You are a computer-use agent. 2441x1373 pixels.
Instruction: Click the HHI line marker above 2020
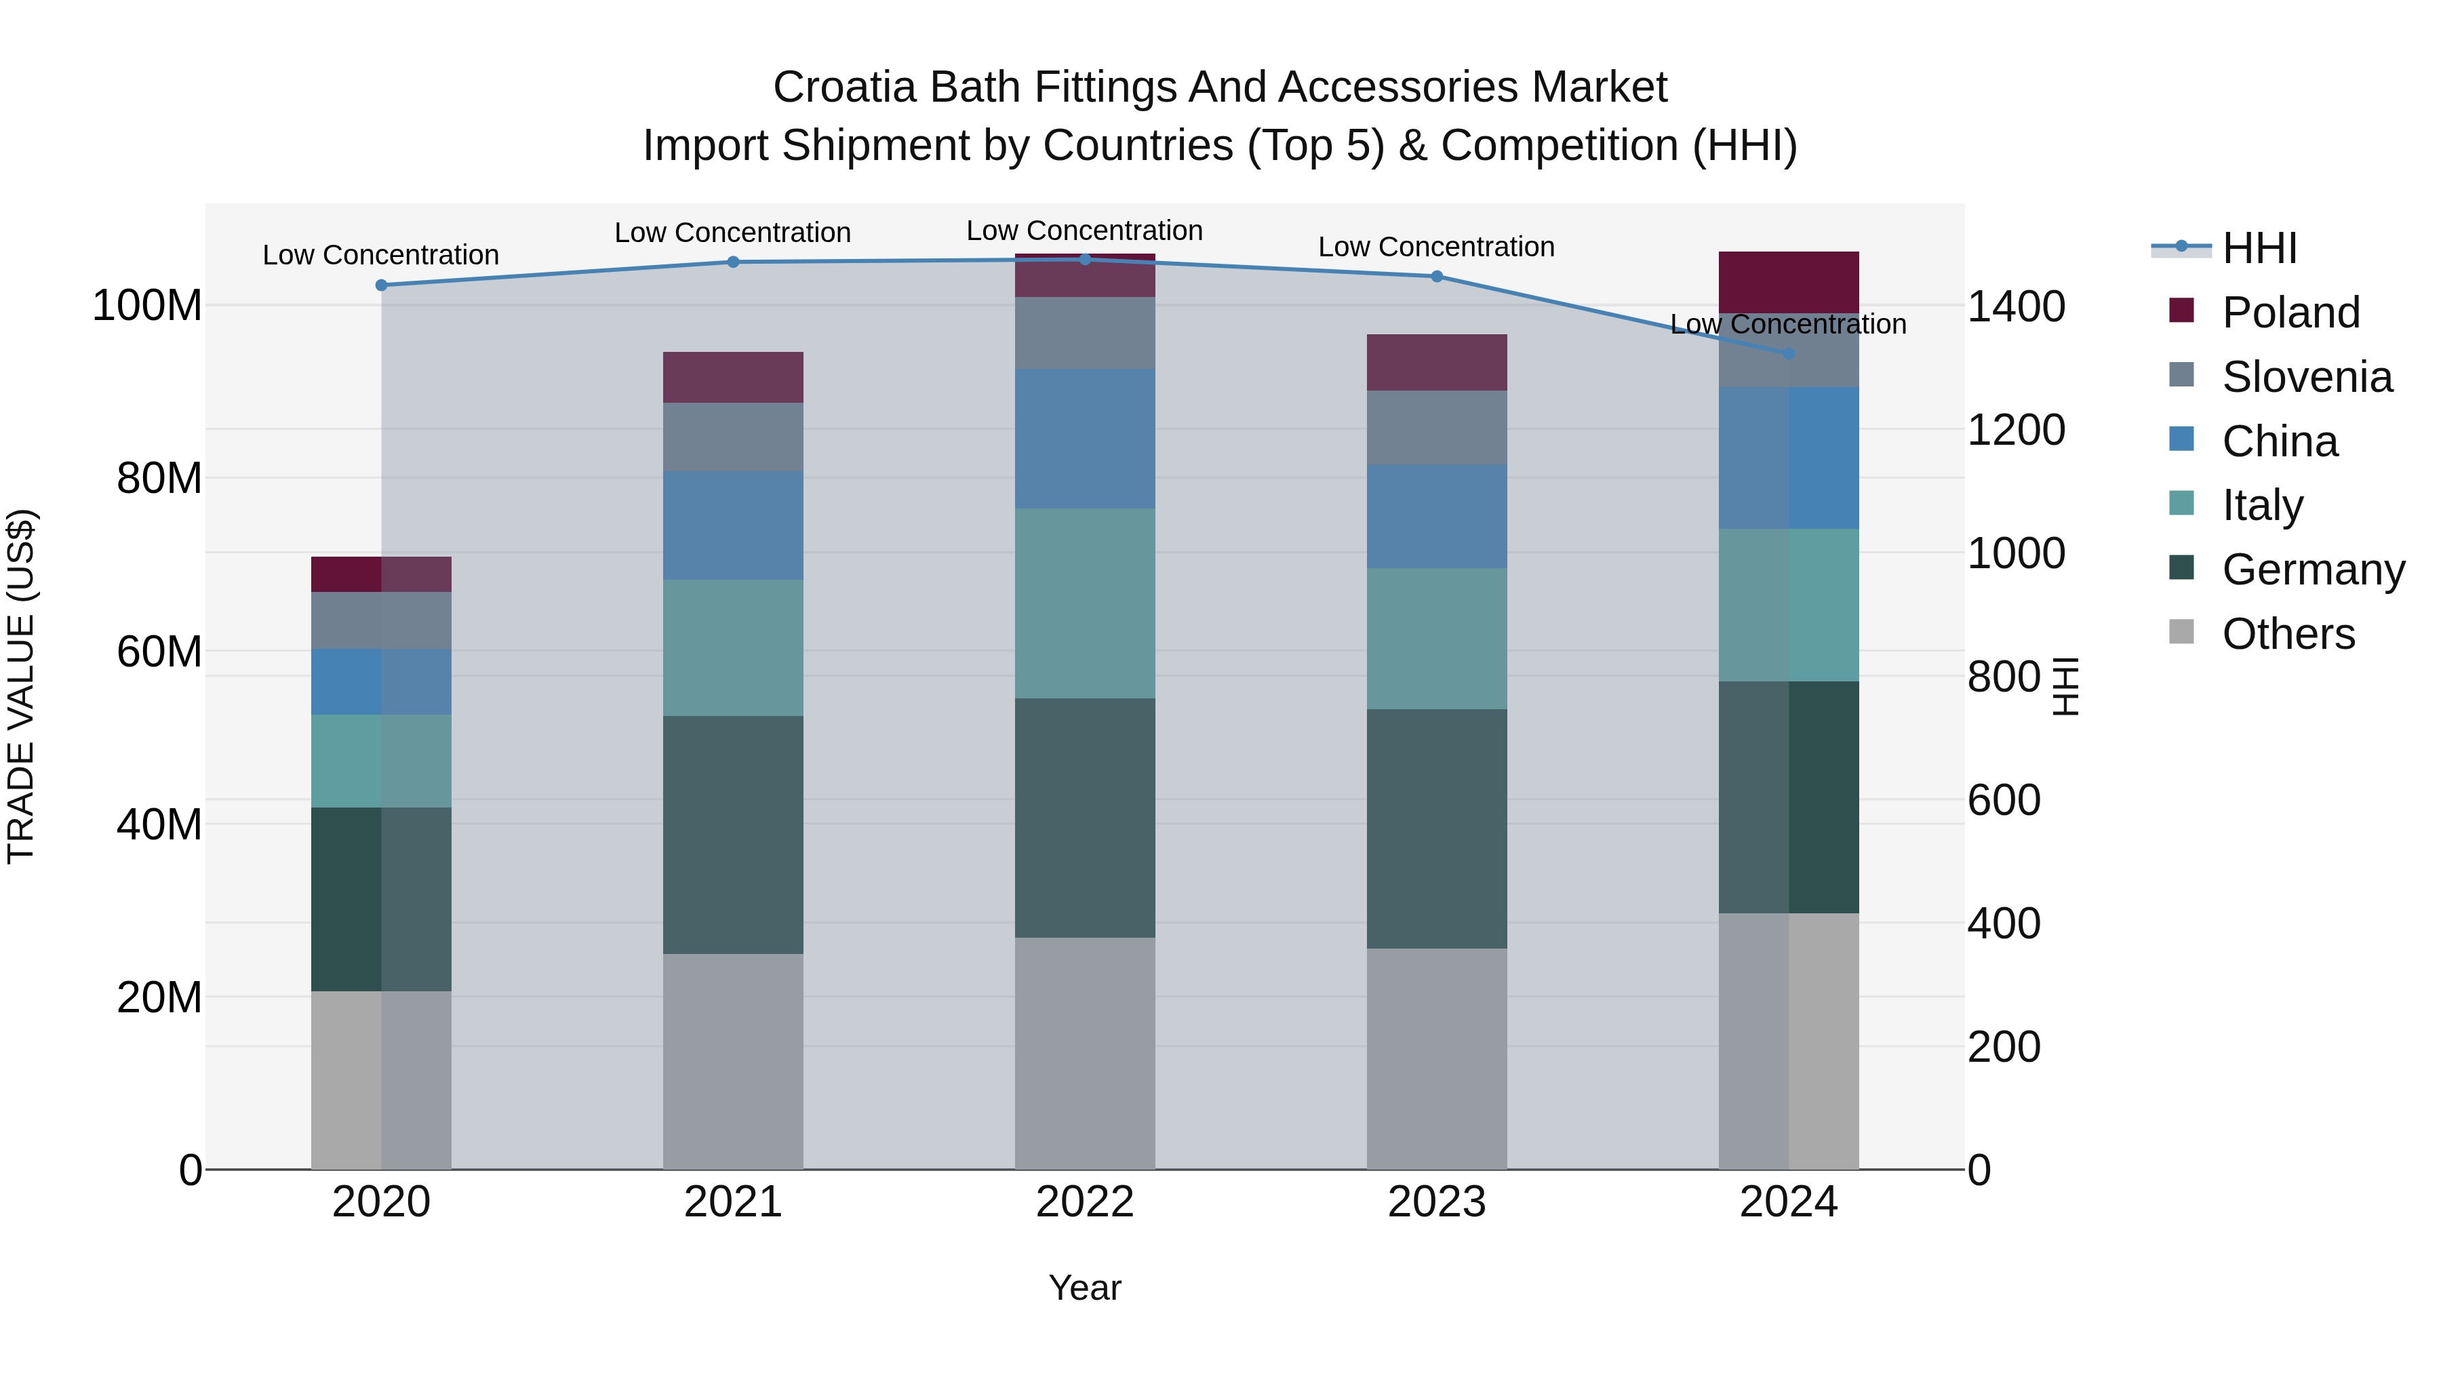coord(381,285)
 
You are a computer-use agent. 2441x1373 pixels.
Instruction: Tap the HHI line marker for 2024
coord(1788,353)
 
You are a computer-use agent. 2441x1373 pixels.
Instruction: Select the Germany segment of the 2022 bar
coord(1084,818)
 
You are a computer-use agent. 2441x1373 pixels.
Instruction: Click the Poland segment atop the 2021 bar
coord(732,377)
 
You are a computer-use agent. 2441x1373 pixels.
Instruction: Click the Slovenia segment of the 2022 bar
coord(1084,333)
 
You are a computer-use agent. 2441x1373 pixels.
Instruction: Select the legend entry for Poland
coord(2289,312)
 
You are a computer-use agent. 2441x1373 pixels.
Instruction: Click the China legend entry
coord(2279,441)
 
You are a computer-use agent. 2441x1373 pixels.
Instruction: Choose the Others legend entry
coord(2288,633)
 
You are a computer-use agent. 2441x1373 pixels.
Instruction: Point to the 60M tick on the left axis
coord(158,652)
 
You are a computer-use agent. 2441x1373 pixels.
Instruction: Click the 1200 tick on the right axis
coord(2016,429)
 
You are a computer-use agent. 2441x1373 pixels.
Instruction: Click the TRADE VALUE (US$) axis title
coord(21,686)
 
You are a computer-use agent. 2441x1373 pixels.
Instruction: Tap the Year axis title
coord(1084,1288)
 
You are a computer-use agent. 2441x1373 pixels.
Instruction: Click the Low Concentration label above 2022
coord(1084,231)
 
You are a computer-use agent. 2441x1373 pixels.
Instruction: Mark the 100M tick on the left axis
coord(147,306)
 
